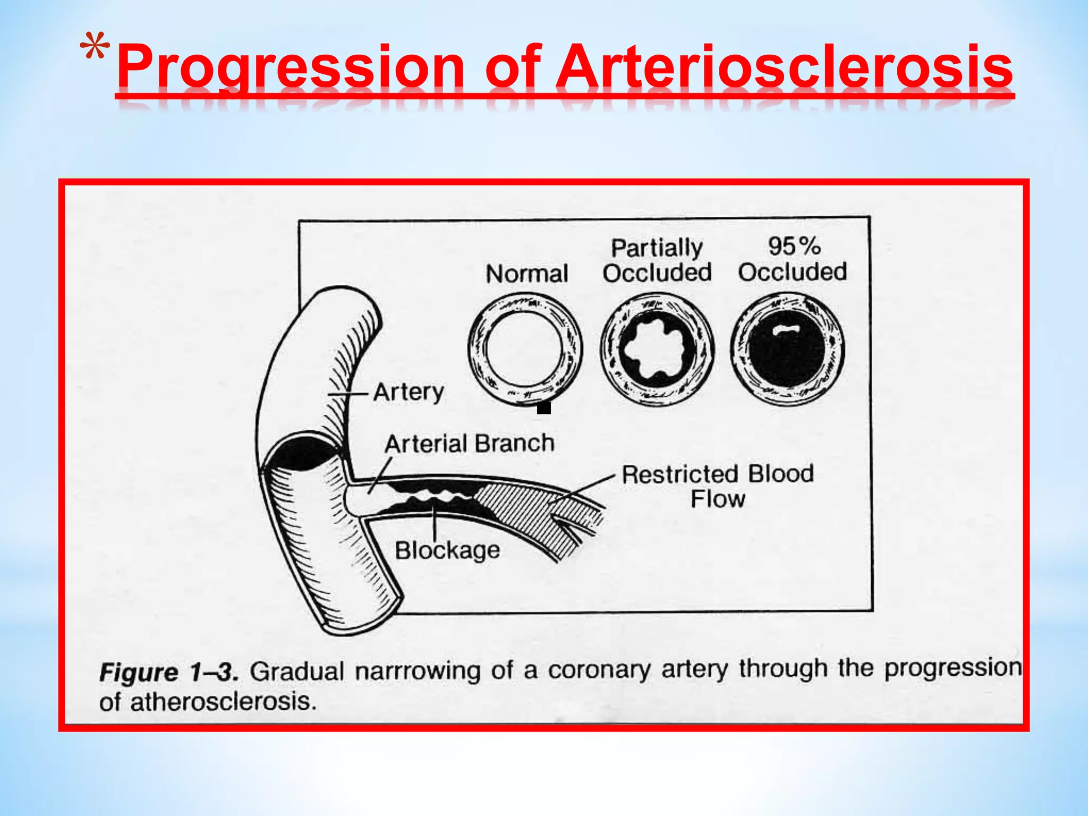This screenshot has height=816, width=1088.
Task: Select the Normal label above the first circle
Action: point(526,274)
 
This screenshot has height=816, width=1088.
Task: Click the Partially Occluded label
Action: point(657,260)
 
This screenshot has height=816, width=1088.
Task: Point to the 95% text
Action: point(794,246)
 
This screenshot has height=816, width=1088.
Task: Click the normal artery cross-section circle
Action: point(525,349)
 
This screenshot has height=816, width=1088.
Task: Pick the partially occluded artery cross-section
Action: point(657,350)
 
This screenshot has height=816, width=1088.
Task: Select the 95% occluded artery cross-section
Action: point(787,350)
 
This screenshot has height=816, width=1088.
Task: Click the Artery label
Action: point(408,393)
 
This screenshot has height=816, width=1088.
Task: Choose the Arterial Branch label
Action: point(469,444)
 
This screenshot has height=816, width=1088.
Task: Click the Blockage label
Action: point(447,550)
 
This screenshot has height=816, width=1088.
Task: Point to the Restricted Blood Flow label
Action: point(717,486)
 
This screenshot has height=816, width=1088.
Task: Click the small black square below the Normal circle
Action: point(543,408)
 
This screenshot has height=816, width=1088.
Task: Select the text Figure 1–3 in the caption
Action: point(168,673)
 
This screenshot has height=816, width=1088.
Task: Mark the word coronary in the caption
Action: point(599,670)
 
